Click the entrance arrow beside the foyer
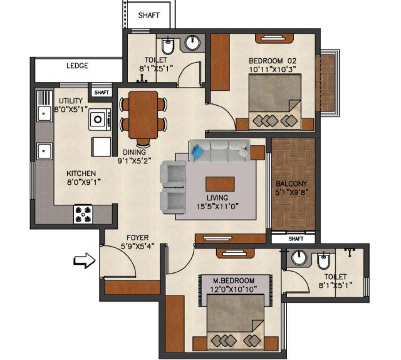[x=85, y=260]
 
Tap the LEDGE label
[x=77, y=66]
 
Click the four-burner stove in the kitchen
[x=83, y=214]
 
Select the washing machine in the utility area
[x=100, y=120]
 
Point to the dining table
[x=143, y=115]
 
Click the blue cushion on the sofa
[x=198, y=150]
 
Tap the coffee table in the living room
[x=220, y=184]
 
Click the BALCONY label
[x=291, y=183]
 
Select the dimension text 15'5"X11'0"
[x=217, y=206]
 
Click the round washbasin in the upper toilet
[x=192, y=43]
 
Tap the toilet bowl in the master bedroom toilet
[x=323, y=261]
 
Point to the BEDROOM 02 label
[x=273, y=61]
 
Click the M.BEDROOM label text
[x=234, y=280]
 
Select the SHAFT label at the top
[x=149, y=15]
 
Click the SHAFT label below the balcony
[x=296, y=239]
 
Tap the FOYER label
[x=138, y=238]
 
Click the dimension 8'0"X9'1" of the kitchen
[x=83, y=182]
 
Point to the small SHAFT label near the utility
[x=102, y=93]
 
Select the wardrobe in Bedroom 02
[x=220, y=62]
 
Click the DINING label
[x=134, y=152]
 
